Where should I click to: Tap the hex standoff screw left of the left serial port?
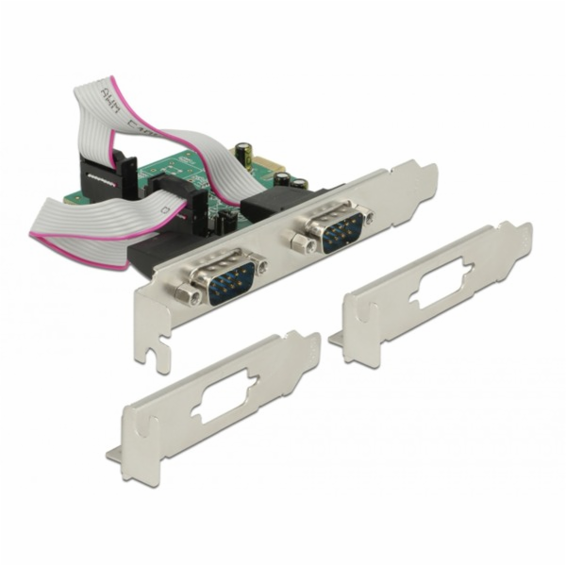pos(192,295)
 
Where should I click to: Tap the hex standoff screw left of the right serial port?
pos(303,244)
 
